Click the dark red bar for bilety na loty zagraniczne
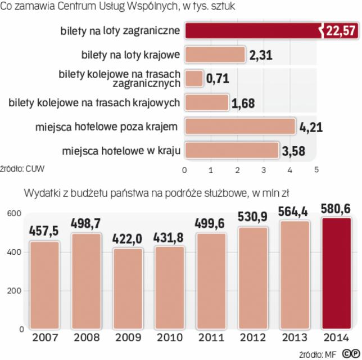(x=253, y=30)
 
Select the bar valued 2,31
(x=215, y=55)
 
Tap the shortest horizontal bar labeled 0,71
(x=194, y=78)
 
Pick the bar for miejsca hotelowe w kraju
(x=232, y=150)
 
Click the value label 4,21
(x=311, y=127)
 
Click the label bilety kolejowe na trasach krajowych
(x=94, y=102)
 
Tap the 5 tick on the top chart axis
(x=316, y=169)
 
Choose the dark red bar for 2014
(x=336, y=273)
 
